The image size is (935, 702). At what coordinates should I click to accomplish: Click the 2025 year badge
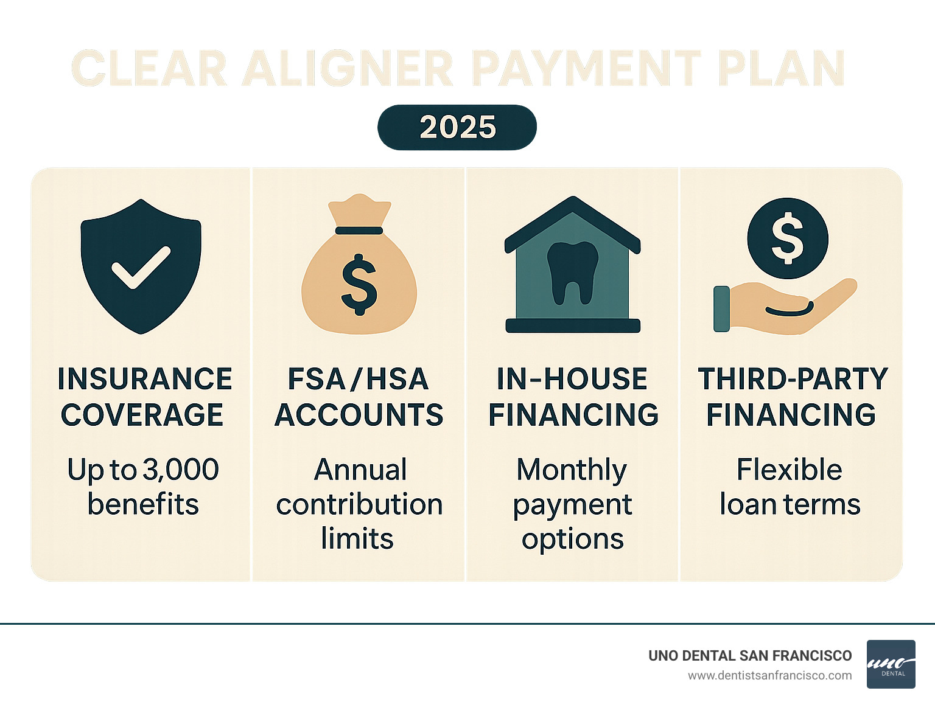pyautogui.click(x=457, y=127)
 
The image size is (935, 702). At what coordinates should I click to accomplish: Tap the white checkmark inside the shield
pyautogui.click(x=141, y=268)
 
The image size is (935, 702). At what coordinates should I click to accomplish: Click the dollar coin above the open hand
pyautogui.click(x=788, y=238)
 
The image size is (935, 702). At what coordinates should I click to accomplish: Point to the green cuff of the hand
pyautogui.click(x=721, y=308)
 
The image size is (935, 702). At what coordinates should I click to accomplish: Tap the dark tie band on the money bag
pyautogui.click(x=359, y=231)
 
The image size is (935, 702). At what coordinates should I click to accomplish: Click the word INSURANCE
pyautogui.click(x=145, y=379)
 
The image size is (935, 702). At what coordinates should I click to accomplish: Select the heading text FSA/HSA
pyautogui.click(x=359, y=379)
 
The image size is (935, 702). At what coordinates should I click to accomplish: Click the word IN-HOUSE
pyautogui.click(x=572, y=379)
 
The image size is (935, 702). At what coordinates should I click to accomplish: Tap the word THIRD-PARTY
pyautogui.click(x=793, y=379)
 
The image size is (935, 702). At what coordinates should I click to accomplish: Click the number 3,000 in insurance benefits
pyautogui.click(x=180, y=470)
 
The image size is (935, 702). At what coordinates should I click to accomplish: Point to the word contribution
pyautogui.click(x=359, y=504)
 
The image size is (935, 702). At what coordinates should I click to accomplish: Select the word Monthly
pyautogui.click(x=572, y=470)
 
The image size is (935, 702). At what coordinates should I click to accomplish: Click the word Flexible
pyautogui.click(x=790, y=470)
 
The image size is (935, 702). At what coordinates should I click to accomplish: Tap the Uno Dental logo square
pyautogui.click(x=891, y=664)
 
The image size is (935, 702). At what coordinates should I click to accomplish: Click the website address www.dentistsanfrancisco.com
pyautogui.click(x=770, y=676)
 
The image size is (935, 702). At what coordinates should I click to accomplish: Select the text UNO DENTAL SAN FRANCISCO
pyautogui.click(x=750, y=656)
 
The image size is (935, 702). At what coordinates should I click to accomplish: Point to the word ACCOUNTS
pyautogui.click(x=359, y=415)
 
